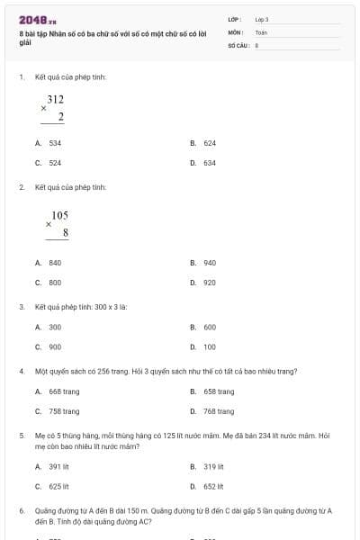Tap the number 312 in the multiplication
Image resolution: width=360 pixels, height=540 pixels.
pos(56,99)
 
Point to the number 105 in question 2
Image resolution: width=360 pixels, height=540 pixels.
pos(59,215)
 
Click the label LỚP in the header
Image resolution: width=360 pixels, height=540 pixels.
pos(235,19)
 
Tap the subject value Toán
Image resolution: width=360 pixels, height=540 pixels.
pos(261,31)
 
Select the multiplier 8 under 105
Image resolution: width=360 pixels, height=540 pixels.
pos(66,233)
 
